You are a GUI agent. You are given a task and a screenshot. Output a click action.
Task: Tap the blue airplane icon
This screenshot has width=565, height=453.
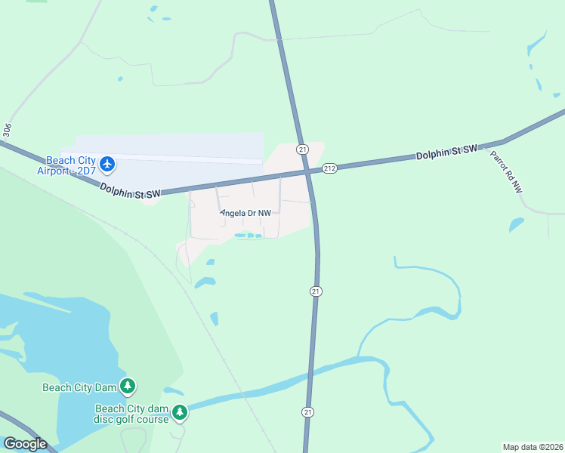click(x=107, y=163)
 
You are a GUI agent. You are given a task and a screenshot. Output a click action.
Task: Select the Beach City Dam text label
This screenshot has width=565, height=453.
click(x=79, y=387)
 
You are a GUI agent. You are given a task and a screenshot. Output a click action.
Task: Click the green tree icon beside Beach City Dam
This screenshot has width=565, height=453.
click(x=128, y=387)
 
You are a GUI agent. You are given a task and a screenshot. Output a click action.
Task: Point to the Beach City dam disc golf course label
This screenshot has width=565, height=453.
click(x=132, y=414)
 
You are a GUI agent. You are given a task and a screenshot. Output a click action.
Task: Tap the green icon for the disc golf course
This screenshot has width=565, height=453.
click(x=180, y=412)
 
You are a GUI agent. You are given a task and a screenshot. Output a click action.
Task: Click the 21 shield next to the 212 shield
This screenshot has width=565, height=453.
click(x=303, y=149)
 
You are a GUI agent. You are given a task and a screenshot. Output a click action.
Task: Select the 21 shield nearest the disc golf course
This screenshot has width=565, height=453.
click(x=307, y=412)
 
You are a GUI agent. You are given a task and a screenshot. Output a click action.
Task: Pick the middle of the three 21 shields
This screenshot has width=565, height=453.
click(x=316, y=291)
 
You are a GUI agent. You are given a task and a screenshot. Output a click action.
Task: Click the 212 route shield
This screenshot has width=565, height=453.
click(x=329, y=168)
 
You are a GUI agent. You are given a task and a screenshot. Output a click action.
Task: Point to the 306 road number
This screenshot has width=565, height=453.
click(x=7, y=131)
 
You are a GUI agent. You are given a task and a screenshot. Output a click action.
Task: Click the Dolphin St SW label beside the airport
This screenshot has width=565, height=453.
click(x=131, y=194)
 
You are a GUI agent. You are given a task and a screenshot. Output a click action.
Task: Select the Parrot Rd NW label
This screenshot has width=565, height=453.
click(x=506, y=172)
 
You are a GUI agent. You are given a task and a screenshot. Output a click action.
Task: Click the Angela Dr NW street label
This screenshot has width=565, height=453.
click(x=245, y=214)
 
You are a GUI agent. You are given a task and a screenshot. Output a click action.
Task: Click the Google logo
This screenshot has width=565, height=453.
click(x=25, y=444)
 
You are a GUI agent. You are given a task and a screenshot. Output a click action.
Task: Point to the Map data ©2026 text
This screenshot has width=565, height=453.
click(x=533, y=447)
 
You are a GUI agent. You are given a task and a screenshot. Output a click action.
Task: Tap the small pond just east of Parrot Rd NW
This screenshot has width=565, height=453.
click(x=516, y=224)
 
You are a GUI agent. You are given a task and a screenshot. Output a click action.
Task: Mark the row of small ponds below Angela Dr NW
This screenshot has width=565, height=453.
click(x=249, y=236)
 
